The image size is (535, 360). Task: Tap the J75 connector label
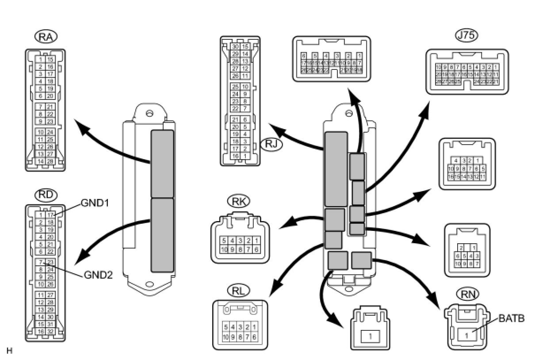467,36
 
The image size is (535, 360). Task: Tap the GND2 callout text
98,275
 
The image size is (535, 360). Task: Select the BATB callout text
512,318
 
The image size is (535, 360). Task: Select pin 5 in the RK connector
224,240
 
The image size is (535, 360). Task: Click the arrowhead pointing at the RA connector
78,124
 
